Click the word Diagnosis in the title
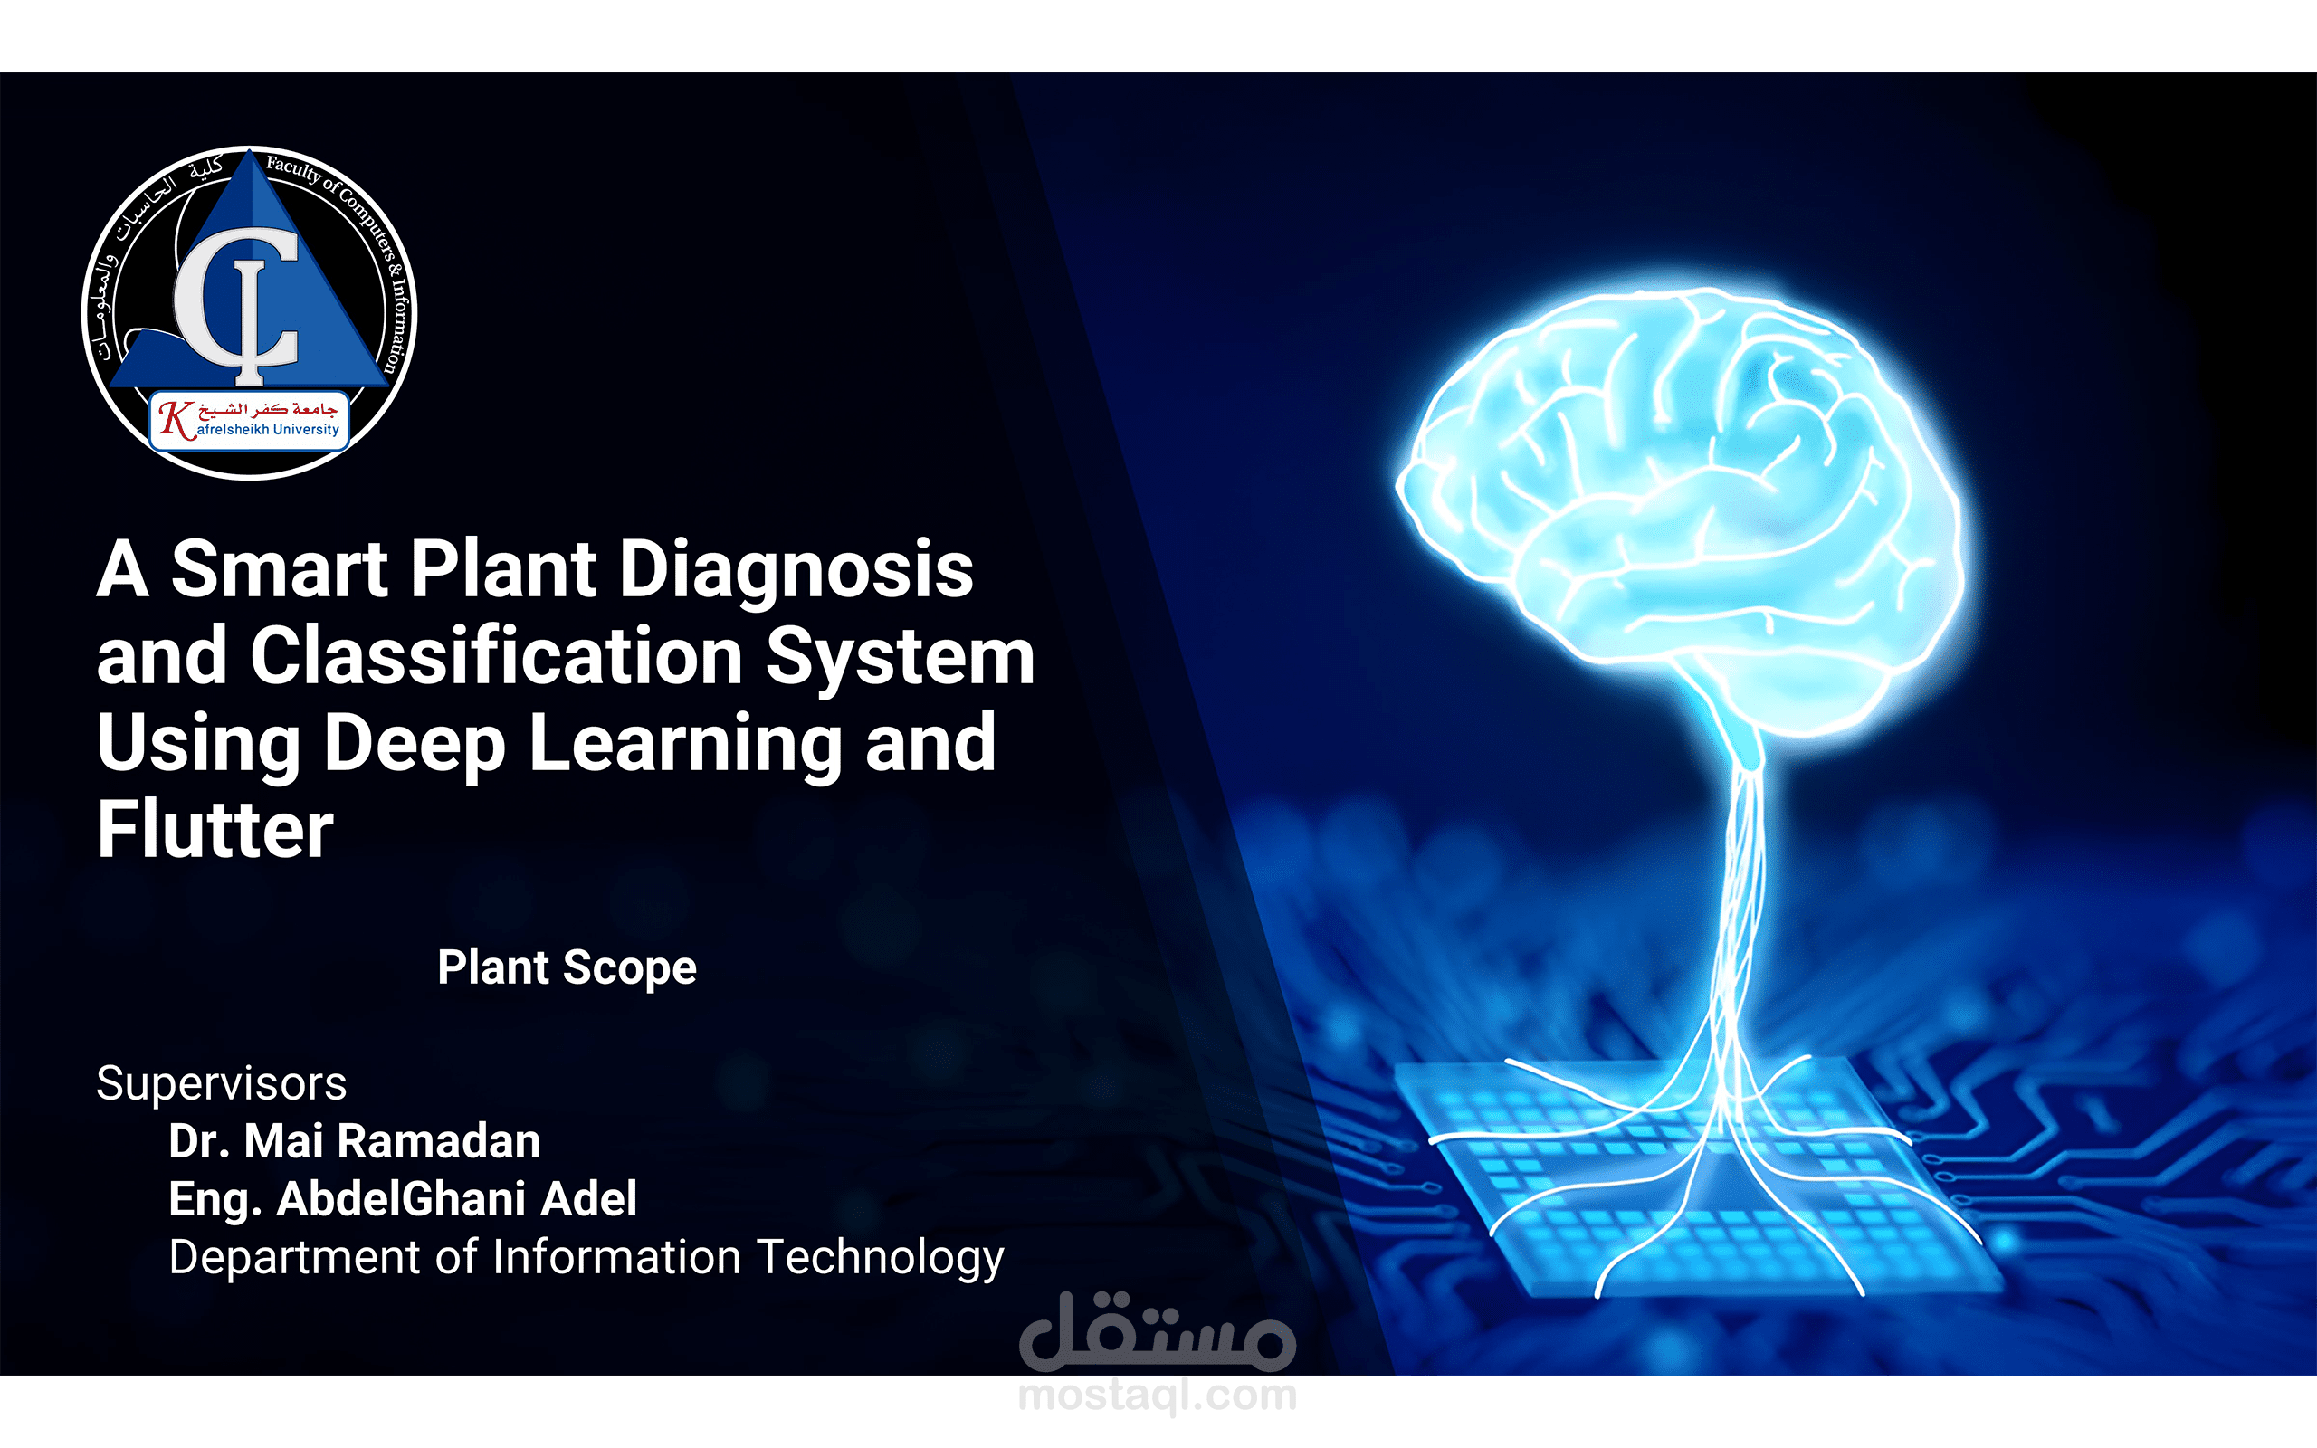point(796,571)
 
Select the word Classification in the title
point(497,656)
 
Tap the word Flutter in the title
point(215,829)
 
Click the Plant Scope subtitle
point(567,968)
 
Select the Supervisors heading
point(221,1084)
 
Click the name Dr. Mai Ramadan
point(354,1141)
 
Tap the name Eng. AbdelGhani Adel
point(403,1200)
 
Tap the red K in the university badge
point(176,419)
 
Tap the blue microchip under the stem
point(1694,1178)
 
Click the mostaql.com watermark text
point(1158,1396)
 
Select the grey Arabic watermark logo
point(1158,1331)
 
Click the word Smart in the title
point(280,570)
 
